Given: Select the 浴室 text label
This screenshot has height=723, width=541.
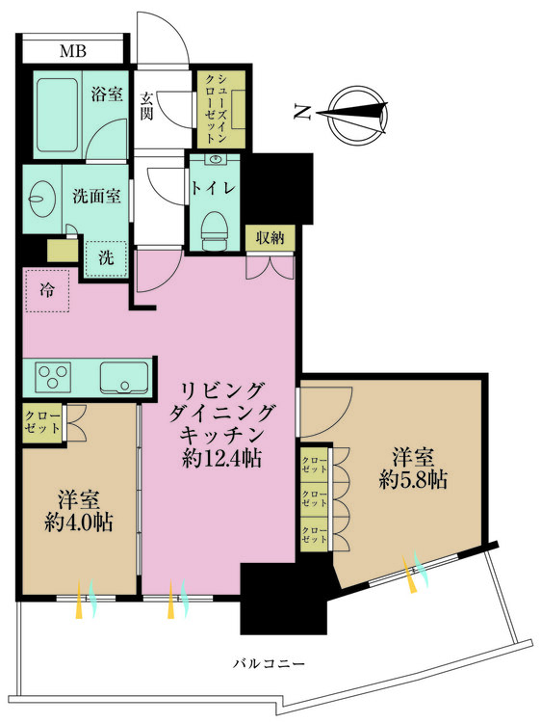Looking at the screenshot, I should click(107, 95).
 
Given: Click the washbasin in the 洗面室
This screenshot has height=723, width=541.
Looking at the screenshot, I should click(40, 201).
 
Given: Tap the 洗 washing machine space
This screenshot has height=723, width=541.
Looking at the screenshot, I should click(106, 257).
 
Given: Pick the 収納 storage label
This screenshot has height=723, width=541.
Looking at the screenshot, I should click(270, 238).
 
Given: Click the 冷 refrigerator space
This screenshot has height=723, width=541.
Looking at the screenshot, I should click(47, 289).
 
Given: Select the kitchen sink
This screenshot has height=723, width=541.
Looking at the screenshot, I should click(123, 377).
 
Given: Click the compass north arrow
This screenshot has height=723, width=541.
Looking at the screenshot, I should click(353, 114).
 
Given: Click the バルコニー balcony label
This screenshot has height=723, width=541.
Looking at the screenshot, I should click(270, 664).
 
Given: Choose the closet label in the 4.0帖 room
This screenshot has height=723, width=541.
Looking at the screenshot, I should click(42, 421).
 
